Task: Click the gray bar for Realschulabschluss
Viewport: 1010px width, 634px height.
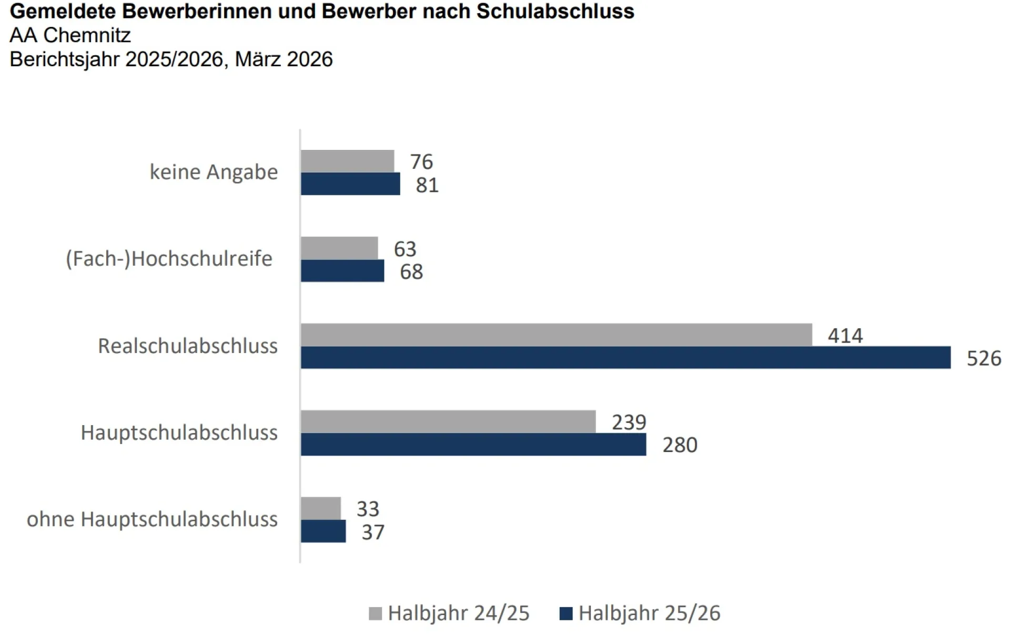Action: pyautogui.click(x=556, y=335)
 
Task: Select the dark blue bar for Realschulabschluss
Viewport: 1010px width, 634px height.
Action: pyautogui.click(x=625, y=358)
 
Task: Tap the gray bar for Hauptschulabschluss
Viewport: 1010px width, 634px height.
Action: pyautogui.click(x=448, y=421)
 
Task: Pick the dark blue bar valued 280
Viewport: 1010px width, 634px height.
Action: pyautogui.click(x=473, y=445)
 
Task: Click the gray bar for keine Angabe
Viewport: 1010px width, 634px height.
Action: pyautogui.click(x=347, y=161)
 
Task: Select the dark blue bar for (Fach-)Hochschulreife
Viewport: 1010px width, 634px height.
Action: pyautogui.click(x=342, y=271)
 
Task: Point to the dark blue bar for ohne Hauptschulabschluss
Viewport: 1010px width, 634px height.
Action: pyautogui.click(x=323, y=531)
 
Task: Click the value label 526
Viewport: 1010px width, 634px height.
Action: pyautogui.click(x=984, y=358)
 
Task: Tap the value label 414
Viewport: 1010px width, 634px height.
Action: pyautogui.click(x=845, y=336)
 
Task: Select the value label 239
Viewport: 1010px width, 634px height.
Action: pyautogui.click(x=629, y=422)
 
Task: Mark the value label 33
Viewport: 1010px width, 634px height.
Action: pyautogui.click(x=367, y=509)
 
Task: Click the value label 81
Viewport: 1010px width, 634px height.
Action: pyautogui.click(x=427, y=185)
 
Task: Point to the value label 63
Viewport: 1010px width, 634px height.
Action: pyautogui.click(x=405, y=249)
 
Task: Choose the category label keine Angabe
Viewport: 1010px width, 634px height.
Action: pyautogui.click(x=214, y=172)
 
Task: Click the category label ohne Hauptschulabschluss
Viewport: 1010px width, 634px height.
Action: pyautogui.click(x=152, y=519)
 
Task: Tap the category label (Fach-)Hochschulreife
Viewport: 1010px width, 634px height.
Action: pyautogui.click(x=169, y=259)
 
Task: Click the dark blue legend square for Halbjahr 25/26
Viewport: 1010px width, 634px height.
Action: pyautogui.click(x=565, y=613)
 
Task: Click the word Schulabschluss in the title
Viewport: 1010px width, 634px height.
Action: pyautogui.click(x=555, y=11)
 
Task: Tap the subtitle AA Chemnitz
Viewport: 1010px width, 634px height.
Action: pyautogui.click(x=70, y=35)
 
